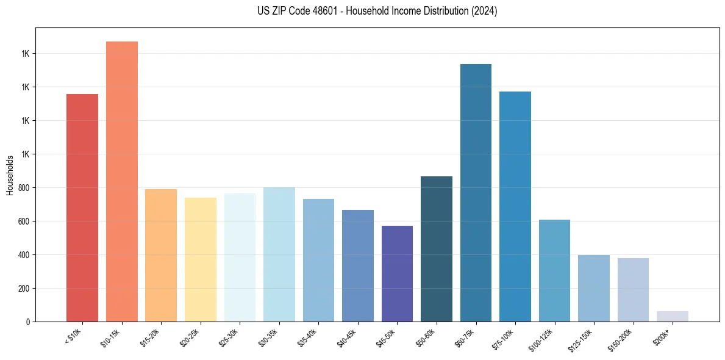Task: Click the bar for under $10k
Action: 82,207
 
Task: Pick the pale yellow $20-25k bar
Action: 200,259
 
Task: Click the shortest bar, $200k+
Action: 673,316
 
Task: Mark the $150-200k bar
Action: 633,290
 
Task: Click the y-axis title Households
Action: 10,176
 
